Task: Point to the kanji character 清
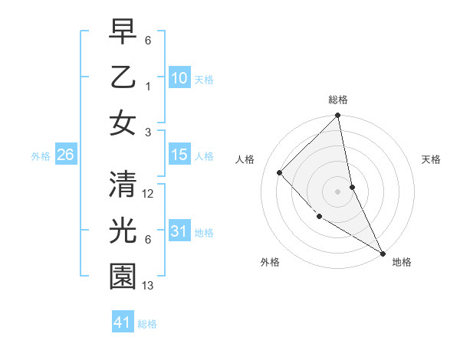click(x=123, y=184)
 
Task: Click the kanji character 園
click(x=123, y=277)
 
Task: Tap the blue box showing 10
click(x=179, y=78)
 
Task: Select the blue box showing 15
click(x=179, y=155)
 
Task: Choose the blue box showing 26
click(x=65, y=155)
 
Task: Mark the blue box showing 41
click(x=122, y=322)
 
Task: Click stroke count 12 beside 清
click(x=149, y=194)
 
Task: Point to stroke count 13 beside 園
click(x=149, y=286)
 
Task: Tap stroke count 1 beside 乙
click(x=148, y=86)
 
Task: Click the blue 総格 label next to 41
click(x=147, y=324)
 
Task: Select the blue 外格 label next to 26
click(x=41, y=156)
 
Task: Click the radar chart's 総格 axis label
click(x=338, y=100)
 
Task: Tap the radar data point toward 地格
click(x=382, y=252)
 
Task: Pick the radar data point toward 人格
click(x=280, y=172)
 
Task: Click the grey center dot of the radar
click(x=338, y=191)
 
